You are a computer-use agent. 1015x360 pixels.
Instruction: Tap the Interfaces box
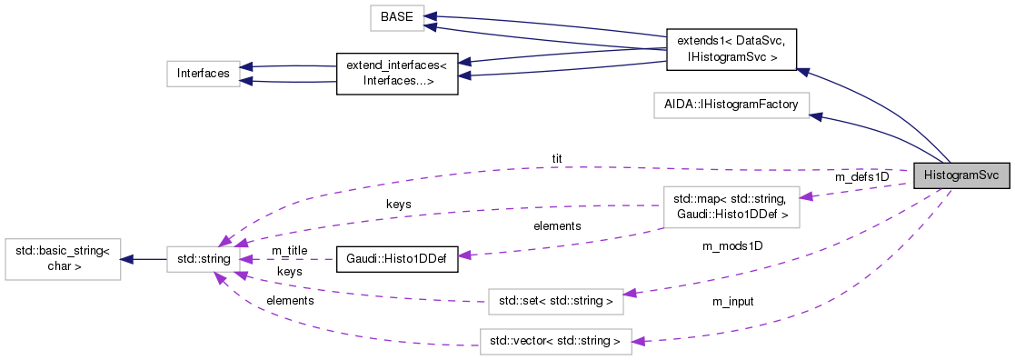pos(203,74)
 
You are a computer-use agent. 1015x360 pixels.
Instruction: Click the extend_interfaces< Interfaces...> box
pos(396,74)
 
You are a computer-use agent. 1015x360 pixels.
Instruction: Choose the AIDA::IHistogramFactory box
pos(731,105)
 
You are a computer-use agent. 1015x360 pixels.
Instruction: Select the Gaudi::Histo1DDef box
pos(396,260)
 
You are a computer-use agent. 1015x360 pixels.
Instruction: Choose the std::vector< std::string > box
pos(555,342)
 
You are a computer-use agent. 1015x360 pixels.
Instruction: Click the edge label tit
pos(557,158)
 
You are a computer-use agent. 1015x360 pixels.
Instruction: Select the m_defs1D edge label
pos(861,176)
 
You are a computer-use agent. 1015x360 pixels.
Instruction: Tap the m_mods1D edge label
pos(732,245)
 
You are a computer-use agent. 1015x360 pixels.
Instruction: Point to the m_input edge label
pos(732,301)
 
